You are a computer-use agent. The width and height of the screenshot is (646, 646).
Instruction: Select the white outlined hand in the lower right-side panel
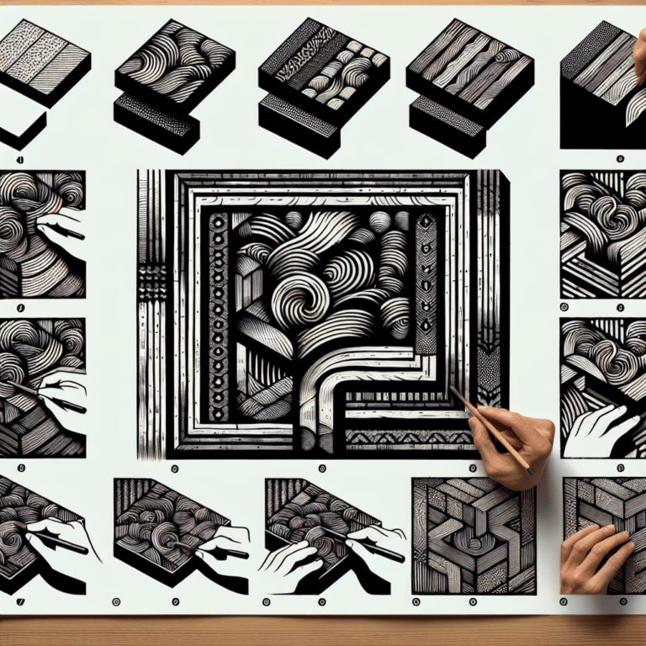(593, 429)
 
